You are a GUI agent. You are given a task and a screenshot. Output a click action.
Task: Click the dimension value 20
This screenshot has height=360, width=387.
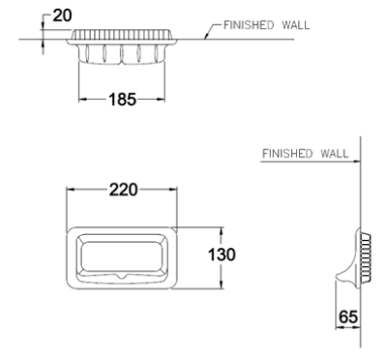(x=63, y=15)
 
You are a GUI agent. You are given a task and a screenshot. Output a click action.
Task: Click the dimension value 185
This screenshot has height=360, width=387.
(x=123, y=100)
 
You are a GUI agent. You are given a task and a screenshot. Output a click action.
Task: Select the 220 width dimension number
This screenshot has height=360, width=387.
(x=123, y=190)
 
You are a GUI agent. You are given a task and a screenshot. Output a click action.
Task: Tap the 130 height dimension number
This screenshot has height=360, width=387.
(x=222, y=255)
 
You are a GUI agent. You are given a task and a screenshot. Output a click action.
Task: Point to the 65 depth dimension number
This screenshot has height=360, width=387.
(x=348, y=316)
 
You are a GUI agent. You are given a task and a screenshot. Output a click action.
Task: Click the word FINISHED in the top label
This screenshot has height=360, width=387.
(x=249, y=25)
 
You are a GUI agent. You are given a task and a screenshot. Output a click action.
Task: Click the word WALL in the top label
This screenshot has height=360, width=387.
(x=296, y=25)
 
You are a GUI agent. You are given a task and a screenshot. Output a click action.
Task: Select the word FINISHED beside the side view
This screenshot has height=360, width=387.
(x=287, y=153)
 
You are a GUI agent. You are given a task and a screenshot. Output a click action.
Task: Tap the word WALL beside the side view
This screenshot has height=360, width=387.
(x=335, y=153)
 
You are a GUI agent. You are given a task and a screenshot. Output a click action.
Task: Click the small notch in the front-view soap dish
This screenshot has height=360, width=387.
(x=122, y=277)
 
